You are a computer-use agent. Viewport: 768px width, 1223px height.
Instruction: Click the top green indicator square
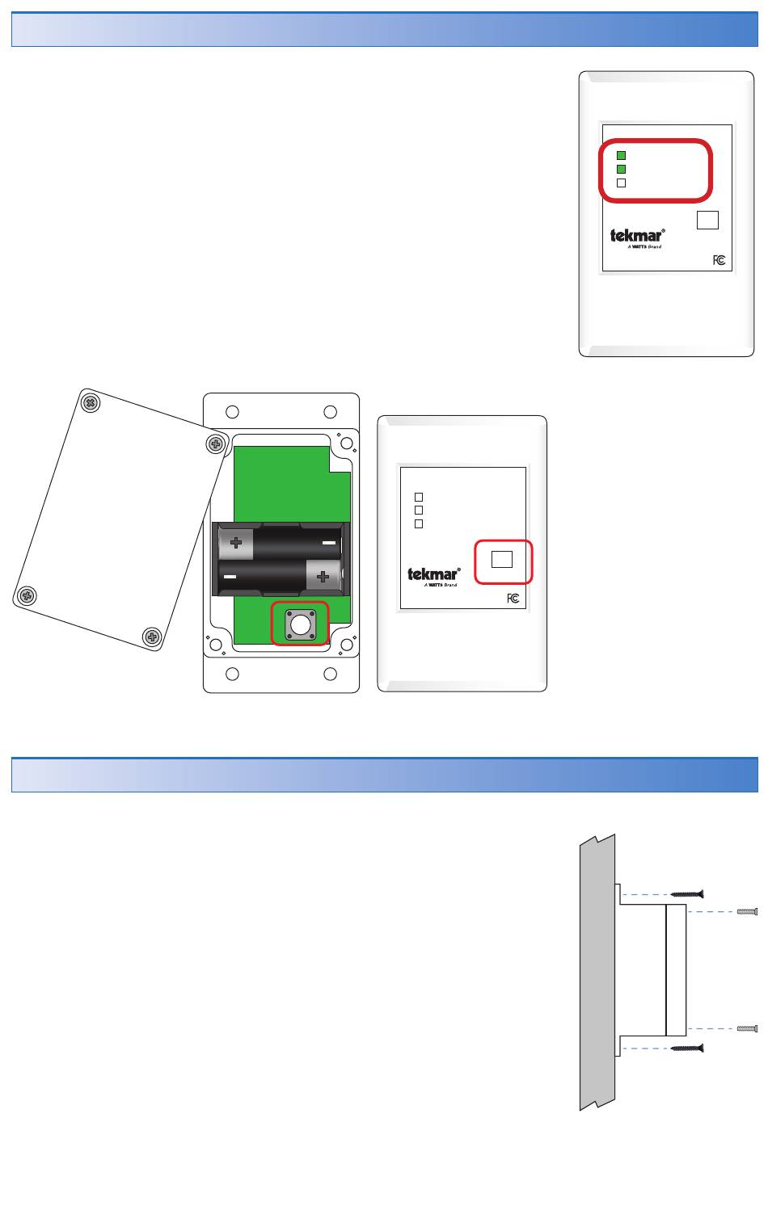(x=621, y=156)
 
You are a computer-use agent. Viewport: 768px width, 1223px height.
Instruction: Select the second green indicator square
(x=621, y=170)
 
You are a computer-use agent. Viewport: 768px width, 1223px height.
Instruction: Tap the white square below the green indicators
(x=621, y=183)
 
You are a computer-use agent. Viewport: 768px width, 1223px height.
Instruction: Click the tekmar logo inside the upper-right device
(x=638, y=237)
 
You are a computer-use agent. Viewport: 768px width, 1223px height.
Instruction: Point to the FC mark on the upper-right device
(x=719, y=260)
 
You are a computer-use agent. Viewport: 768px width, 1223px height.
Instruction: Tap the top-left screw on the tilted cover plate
(x=90, y=403)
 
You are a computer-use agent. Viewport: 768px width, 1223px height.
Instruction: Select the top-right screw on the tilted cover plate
(x=216, y=444)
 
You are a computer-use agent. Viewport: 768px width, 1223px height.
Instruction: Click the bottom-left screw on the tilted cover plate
(x=27, y=595)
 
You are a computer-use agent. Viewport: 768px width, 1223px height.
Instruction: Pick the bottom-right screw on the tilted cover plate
(x=152, y=637)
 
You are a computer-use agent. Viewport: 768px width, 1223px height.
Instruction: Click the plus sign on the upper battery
(x=236, y=543)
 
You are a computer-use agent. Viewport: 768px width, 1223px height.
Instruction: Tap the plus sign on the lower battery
(x=323, y=577)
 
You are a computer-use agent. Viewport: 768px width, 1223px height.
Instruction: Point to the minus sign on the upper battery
(x=329, y=543)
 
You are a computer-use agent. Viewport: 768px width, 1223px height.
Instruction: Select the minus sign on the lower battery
(x=230, y=577)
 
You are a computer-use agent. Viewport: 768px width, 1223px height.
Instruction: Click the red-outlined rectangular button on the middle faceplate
(x=502, y=560)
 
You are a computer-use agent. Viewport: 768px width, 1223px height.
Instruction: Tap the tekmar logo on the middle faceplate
(x=433, y=576)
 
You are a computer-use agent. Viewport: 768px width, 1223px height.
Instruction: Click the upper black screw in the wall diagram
(x=686, y=894)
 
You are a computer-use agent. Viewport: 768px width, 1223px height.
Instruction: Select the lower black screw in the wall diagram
(x=686, y=1049)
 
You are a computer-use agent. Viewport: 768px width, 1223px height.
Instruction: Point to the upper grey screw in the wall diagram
(x=747, y=912)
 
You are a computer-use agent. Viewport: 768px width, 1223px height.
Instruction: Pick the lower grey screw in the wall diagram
(x=747, y=1028)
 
